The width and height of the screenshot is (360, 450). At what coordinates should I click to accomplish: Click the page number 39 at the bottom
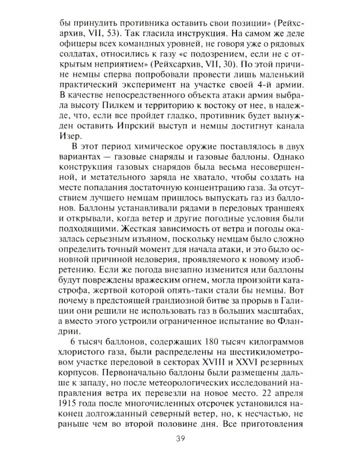click(179, 437)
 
